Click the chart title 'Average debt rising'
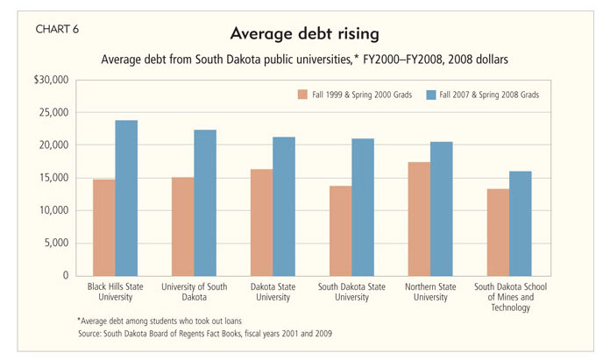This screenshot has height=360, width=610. pos(303,34)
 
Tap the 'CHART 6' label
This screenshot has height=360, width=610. pos(57,29)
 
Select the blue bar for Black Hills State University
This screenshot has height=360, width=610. pos(126,198)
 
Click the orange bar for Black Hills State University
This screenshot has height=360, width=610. pos(104,228)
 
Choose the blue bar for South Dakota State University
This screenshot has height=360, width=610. pos(362,207)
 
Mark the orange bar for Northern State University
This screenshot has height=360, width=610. pos(419,219)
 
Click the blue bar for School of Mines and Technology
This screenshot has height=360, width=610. pos(520,223)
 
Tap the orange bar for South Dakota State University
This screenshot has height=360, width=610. pos(340,230)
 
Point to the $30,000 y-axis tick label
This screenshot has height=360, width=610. pos(51,80)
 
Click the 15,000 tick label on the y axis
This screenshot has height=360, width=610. pos(53,178)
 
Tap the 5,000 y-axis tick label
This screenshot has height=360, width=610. pos(55,244)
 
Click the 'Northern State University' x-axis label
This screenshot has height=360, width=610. pos(429,291)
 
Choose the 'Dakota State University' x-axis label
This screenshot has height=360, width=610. pos(273,291)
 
